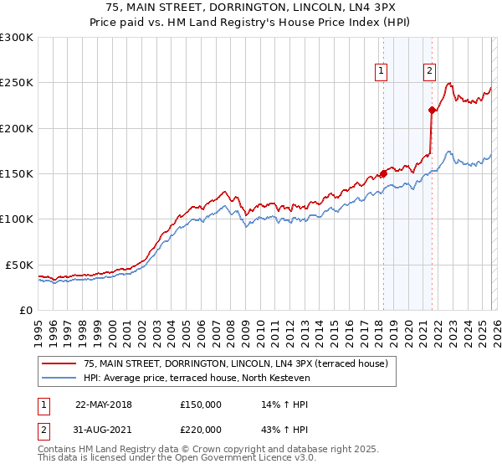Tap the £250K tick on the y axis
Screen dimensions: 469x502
17,83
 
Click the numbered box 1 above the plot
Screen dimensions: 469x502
381,72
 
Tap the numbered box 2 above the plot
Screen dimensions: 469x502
429,72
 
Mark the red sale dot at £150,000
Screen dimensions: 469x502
383,174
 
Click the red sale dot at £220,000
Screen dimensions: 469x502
432,110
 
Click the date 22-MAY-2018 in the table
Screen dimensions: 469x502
104,405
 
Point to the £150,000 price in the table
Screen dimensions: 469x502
201,405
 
